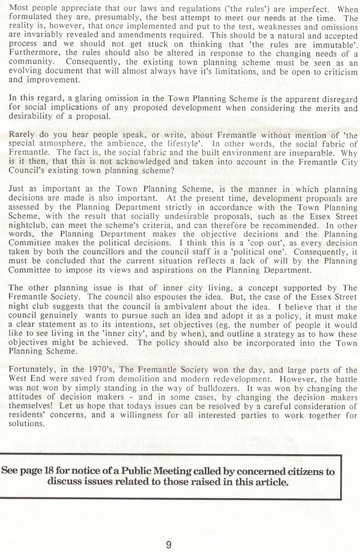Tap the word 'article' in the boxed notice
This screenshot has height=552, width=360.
coord(268,482)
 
